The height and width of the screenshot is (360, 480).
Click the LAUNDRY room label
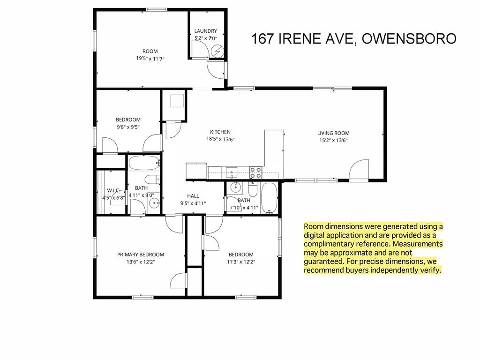pyautogui.click(x=206, y=31)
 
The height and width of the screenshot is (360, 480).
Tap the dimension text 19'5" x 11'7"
pyautogui.click(x=150, y=59)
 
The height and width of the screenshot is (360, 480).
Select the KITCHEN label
pyautogui.click(x=220, y=132)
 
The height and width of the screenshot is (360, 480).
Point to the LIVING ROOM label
pyautogui.click(x=333, y=133)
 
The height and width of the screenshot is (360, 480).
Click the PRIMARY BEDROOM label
pyautogui.click(x=141, y=255)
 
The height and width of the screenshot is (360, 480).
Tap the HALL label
pyautogui.click(x=193, y=196)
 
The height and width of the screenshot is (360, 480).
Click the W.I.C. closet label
pyautogui.click(x=113, y=190)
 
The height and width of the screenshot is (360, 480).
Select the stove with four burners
pyautogui.click(x=255, y=172)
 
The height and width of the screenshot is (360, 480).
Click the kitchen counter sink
pyautogui.click(x=232, y=172)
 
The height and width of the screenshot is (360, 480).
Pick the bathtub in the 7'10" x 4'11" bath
pyautogui.click(x=270, y=198)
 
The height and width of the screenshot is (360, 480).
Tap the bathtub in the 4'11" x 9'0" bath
pyautogui.click(x=144, y=163)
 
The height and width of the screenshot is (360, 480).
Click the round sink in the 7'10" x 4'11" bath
pyautogui.click(x=235, y=187)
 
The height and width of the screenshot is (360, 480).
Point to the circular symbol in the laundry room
pyautogui.click(x=218, y=51)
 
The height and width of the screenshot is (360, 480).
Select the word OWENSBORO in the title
pyautogui.click(x=409, y=38)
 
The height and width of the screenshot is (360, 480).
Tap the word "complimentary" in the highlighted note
pyautogui.click(x=347, y=244)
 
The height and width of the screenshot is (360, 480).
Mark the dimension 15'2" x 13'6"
pyautogui.click(x=333, y=141)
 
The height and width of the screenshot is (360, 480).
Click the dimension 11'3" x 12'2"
pyautogui.click(x=241, y=262)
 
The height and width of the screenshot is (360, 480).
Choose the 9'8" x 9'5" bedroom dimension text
pyautogui.click(x=128, y=127)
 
